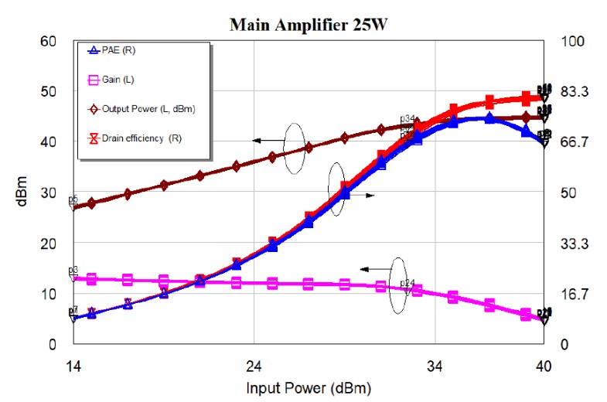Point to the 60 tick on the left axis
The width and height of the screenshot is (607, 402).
point(48,40)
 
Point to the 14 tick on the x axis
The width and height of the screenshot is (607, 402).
point(73,365)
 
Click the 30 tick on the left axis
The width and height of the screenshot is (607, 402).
point(48,192)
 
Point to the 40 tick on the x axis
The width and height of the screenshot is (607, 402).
point(544,365)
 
